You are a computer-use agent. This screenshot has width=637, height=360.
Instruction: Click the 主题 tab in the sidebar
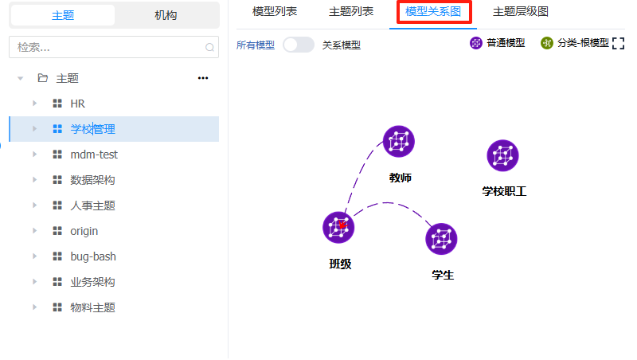pyautogui.click(x=63, y=15)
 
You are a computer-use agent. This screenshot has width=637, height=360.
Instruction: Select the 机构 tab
pyautogui.click(x=166, y=15)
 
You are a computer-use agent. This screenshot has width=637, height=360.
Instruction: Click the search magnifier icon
pyautogui.click(x=210, y=48)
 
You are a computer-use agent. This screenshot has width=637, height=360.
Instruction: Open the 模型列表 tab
pyautogui.click(x=275, y=12)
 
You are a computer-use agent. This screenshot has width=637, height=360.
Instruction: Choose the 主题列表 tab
pyautogui.click(x=351, y=12)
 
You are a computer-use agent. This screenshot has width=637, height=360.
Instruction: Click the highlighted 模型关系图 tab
pyautogui.click(x=432, y=12)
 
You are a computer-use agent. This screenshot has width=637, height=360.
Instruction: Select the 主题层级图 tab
pyautogui.click(x=520, y=12)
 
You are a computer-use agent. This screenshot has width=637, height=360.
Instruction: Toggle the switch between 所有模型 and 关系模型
pyautogui.click(x=299, y=45)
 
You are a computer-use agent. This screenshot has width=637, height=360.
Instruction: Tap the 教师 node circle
pyautogui.click(x=399, y=142)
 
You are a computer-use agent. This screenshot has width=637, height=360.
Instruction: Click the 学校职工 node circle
pyautogui.click(x=502, y=155)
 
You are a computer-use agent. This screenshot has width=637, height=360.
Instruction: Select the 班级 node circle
pyautogui.click(x=338, y=227)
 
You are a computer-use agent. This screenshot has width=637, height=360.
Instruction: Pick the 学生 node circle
pyautogui.click(x=441, y=239)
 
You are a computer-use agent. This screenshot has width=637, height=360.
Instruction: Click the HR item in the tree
pyautogui.click(x=78, y=104)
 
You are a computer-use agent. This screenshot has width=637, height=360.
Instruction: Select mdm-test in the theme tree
pyautogui.click(x=94, y=155)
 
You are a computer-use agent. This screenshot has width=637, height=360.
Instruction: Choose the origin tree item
pyautogui.click(x=84, y=231)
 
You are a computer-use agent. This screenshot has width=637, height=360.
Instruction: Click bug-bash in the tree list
pyautogui.click(x=94, y=256)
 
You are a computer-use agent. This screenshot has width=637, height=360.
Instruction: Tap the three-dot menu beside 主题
pyautogui.click(x=203, y=78)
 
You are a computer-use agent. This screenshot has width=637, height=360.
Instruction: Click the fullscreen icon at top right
pyautogui.click(x=618, y=44)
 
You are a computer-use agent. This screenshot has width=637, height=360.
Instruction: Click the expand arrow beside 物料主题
pyautogui.click(x=34, y=307)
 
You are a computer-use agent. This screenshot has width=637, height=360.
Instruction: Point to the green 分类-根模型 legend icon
pyautogui.click(x=546, y=43)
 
